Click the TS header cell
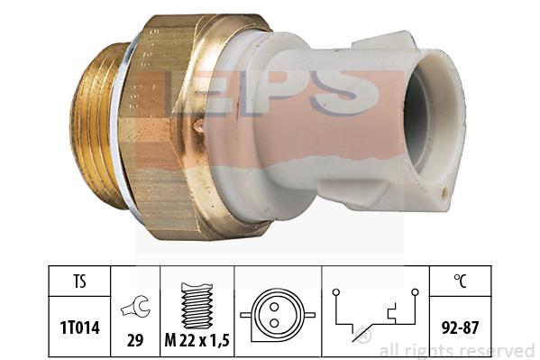click(x=79, y=281)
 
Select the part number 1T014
click(x=80, y=328)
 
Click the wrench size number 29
click(x=135, y=341)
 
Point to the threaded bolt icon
click(x=197, y=306)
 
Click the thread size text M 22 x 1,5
click(x=197, y=341)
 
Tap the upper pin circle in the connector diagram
click(x=274, y=306)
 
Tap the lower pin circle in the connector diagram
click(x=274, y=323)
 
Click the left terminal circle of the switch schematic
click(x=335, y=292)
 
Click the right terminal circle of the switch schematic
click(x=416, y=292)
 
